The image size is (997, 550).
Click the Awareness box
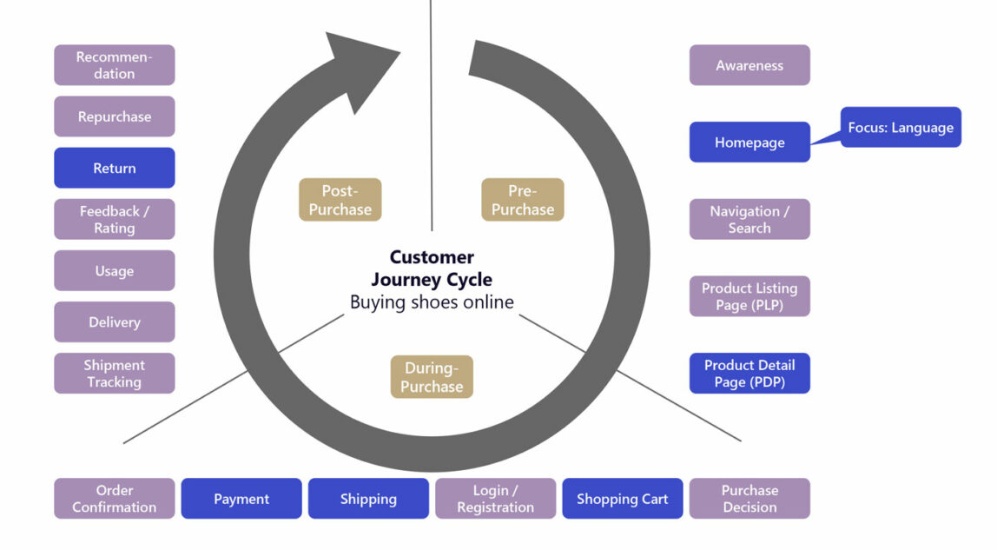[749, 65]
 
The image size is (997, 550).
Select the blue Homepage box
[749, 142]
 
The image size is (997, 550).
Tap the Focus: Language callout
[901, 128]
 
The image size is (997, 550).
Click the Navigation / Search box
[749, 219]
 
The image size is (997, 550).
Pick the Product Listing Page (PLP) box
[749, 296]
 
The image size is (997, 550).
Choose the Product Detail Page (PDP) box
[749, 373]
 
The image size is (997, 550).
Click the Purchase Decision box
[749, 499]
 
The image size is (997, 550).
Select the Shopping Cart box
[623, 499]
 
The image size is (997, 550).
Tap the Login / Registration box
[495, 499]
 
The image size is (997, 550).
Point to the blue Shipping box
[368, 499]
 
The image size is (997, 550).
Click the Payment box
[241, 499]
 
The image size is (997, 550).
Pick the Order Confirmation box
[115, 499]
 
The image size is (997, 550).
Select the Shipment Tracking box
[115, 374]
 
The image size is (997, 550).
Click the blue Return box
[115, 168]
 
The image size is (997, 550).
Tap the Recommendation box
[115, 65]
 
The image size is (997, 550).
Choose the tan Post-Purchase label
[340, 200]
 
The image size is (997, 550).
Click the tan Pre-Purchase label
[523, 200]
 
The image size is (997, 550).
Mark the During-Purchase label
[432, 377]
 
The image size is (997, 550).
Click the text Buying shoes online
[432, 302]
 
